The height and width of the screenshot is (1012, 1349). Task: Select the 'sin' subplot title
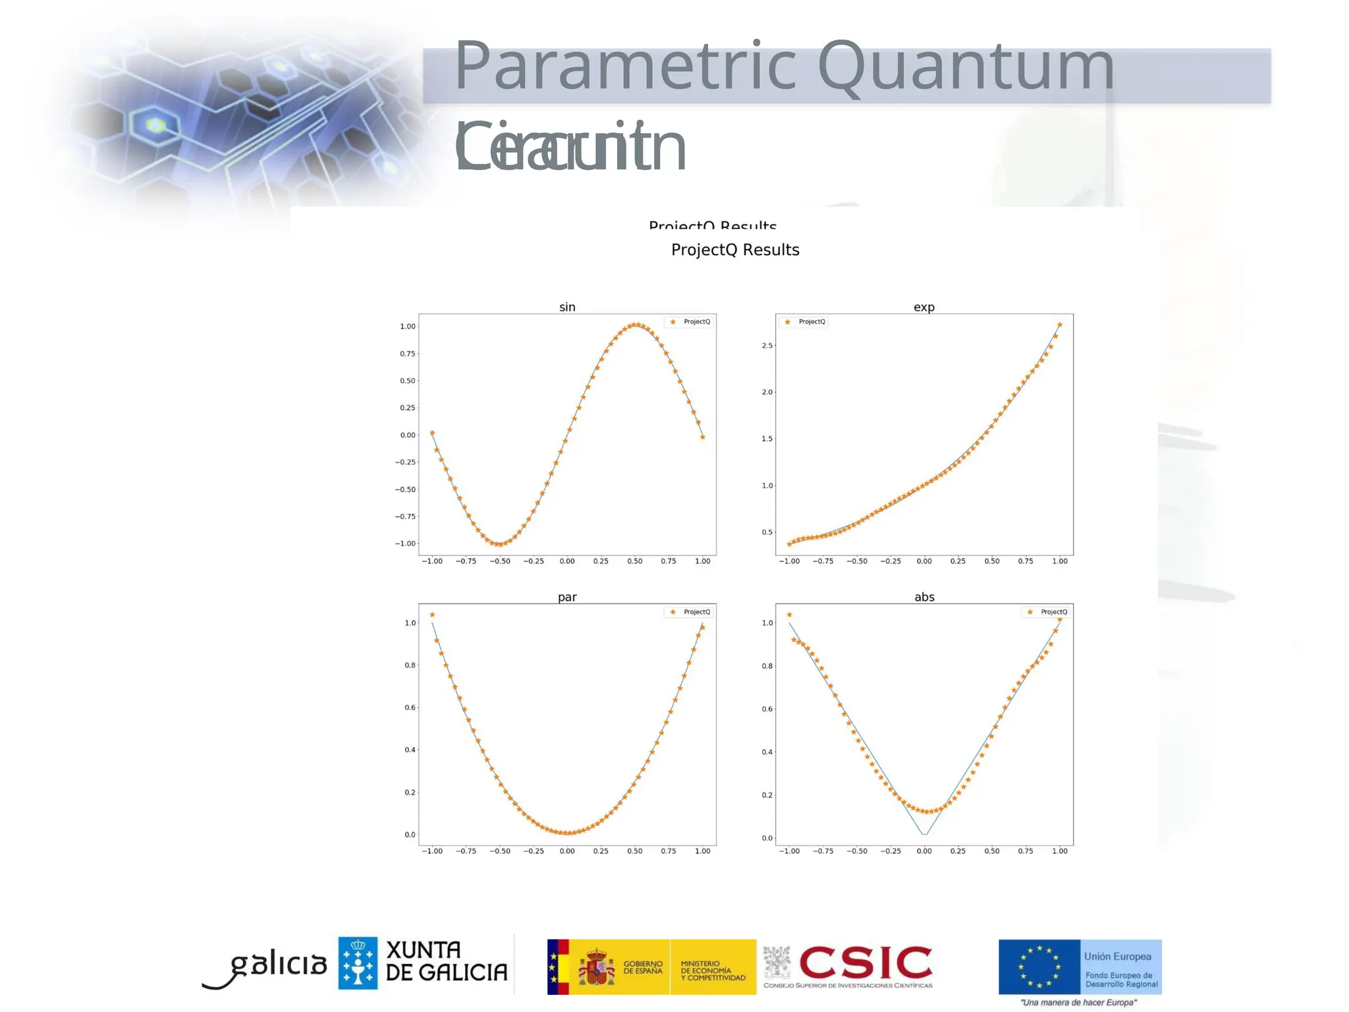point(567,307)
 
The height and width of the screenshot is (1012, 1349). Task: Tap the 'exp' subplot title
point(924,307)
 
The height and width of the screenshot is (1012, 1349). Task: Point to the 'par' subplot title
point(567,597)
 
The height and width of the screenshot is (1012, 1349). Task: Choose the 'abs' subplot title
point(924,597)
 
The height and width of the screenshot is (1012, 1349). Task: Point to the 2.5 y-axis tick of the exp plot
point(767,345)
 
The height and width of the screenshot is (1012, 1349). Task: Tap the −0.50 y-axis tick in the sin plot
point(405,490)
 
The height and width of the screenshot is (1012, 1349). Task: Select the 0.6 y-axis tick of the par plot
point(410,708)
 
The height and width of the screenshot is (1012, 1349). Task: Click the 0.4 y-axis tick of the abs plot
point(767,752)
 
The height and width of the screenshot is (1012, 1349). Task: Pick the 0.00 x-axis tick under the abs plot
point(924,851)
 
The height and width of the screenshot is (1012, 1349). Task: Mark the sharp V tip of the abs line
point(924,834)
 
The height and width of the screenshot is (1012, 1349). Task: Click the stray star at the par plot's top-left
point(432,615)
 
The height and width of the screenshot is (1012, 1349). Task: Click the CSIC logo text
point(866,964)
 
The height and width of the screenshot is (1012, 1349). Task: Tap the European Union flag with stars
point(1039,967)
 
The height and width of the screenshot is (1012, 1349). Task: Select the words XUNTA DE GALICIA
point(446,961)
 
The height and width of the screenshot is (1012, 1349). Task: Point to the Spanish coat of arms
point(596,967)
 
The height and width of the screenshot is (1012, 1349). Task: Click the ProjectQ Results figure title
point(735,250)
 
